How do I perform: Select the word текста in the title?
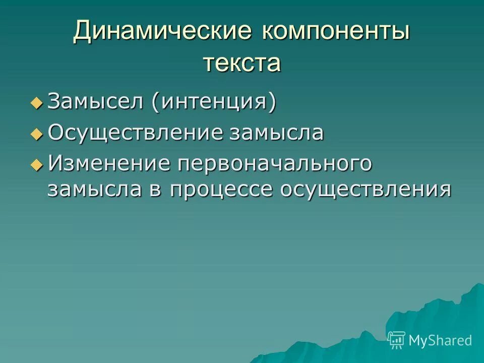tap(242, 64)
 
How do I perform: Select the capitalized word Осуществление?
tap(136, 133)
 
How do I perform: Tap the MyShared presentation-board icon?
tap(397, 340)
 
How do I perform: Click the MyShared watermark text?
tap(440, 340)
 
